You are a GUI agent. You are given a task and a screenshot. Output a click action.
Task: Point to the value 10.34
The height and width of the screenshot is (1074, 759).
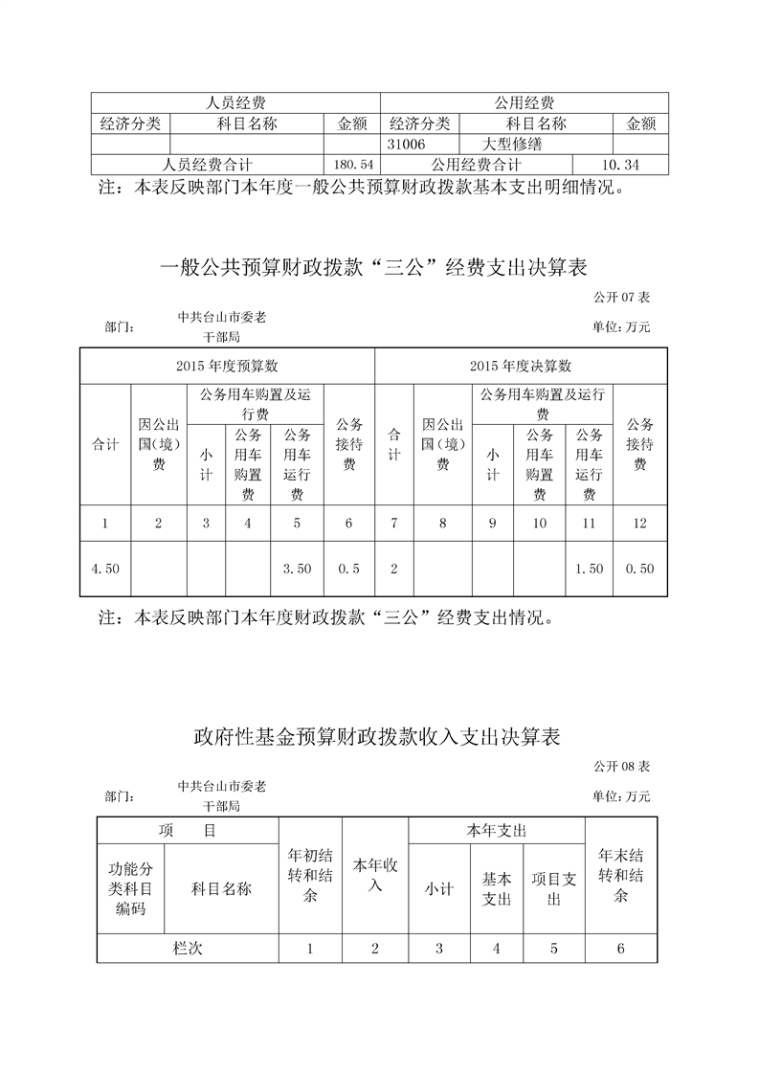click(x=619, y=165)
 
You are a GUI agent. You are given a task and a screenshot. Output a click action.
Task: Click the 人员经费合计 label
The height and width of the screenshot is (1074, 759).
click(x=207, y=165)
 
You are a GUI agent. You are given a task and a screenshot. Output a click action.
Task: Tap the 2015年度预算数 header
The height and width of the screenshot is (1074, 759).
click(x=227, y=366)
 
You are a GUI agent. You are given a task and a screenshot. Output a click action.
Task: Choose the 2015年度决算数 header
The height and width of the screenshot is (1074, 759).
click(x=521, y=366)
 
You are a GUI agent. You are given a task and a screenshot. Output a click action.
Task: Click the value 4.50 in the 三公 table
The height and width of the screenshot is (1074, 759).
click(x=105, y=569)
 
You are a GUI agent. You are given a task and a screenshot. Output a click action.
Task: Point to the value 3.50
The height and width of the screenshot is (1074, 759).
click(x=297, y=569)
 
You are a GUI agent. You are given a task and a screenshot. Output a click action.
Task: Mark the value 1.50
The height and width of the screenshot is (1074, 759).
click(x=590, y=569)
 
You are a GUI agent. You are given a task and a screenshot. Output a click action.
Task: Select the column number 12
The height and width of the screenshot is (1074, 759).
click(x=640, y=524)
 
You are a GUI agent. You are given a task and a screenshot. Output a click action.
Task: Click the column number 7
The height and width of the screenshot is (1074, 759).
click(x=393, y=524)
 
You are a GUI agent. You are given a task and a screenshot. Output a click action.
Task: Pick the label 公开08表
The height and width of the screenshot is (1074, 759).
click(x=621, y=768)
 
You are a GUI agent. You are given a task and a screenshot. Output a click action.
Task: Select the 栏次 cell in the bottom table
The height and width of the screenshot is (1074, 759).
click(x=188, y=949)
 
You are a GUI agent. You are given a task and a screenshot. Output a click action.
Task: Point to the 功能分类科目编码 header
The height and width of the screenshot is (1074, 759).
click(x=130, y=889)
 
